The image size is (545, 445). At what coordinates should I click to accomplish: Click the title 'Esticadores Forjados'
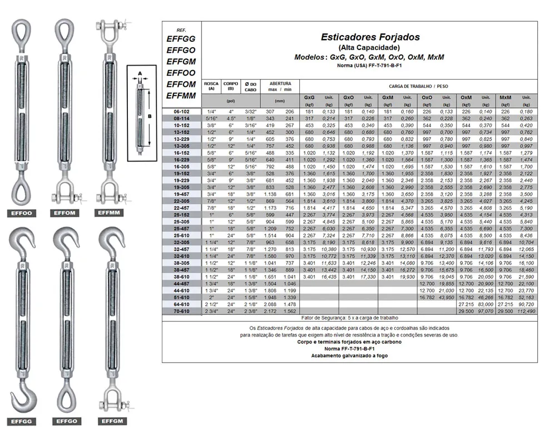370,37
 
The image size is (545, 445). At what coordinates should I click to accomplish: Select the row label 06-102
181,112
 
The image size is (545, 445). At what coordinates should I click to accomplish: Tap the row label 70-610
181,311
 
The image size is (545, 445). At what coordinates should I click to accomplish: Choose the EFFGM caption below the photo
110,422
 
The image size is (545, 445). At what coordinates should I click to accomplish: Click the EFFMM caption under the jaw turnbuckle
110,212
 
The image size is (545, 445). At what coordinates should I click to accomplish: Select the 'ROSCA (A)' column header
211,86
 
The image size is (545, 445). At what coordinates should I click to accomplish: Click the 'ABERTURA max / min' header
280,86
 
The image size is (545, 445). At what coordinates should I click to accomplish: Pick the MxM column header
506,98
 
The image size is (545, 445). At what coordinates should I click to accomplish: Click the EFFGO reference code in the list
181,50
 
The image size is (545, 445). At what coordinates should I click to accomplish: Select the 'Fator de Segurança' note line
350,318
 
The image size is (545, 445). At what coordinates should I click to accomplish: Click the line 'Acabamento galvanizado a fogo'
349,355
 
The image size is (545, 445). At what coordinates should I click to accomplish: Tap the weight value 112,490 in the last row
526,311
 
